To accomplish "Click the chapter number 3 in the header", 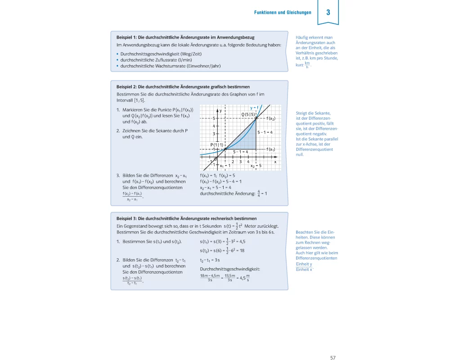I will pos(328,12).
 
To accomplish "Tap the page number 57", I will pos(333,345).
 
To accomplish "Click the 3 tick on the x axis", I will pos(240,162).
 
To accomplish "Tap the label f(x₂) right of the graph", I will pos(270,118).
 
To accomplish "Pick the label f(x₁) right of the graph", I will pos(270,149).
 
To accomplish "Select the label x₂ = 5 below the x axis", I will pos(256,166).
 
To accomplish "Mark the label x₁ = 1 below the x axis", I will pos(222,166).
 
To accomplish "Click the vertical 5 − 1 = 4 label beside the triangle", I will pos(265,133).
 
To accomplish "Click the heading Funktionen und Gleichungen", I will pos(283,13).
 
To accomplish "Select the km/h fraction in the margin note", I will pos(307,65).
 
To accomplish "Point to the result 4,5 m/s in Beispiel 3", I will pos(243,278).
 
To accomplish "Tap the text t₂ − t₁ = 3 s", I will pos(210,260).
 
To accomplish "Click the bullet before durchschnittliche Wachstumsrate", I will pos(117,66).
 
